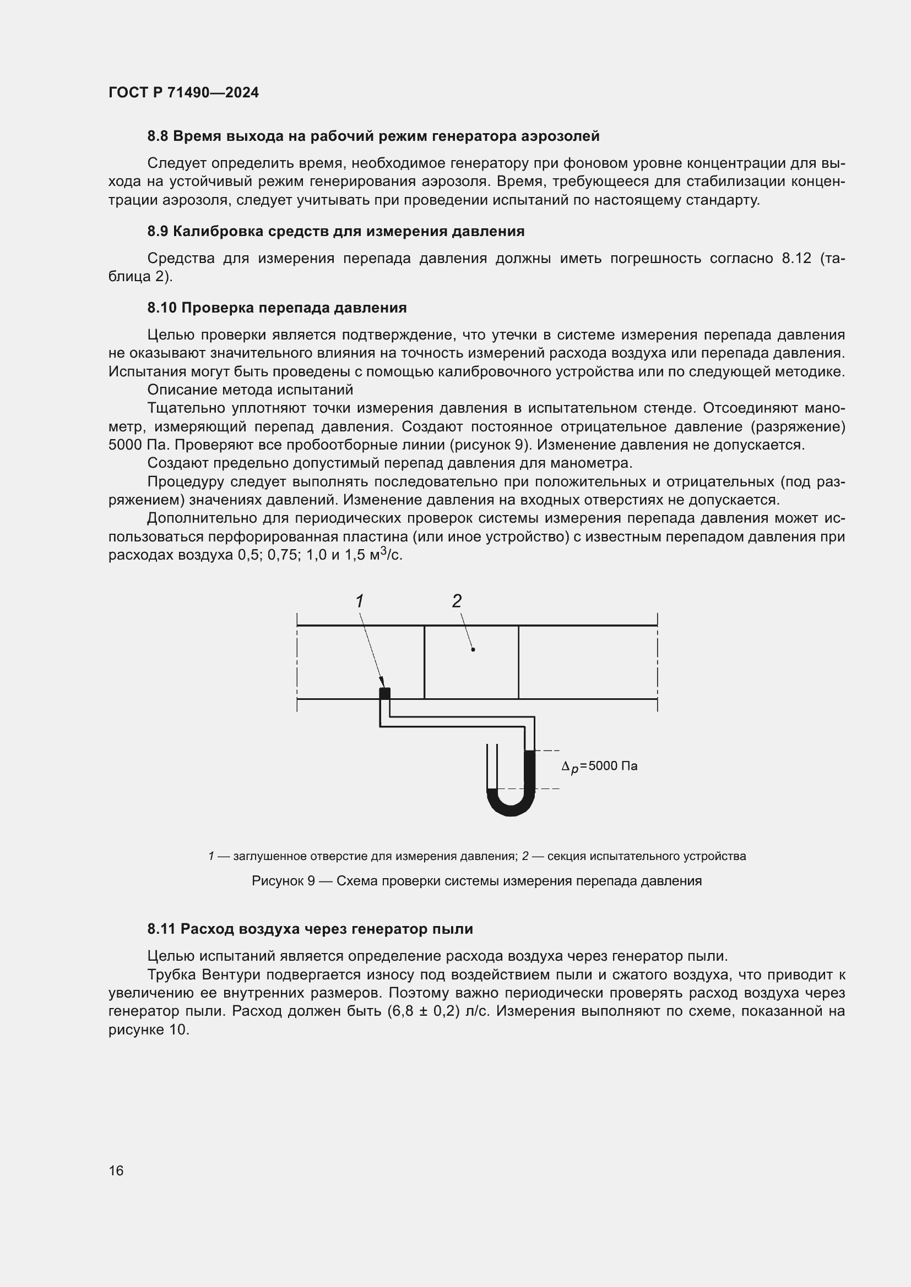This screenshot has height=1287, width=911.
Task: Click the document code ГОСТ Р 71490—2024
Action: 183,92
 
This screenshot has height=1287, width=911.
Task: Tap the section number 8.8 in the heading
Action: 158,136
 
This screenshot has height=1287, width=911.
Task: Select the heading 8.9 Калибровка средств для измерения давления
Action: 335,232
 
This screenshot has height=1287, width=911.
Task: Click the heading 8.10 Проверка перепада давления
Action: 276,308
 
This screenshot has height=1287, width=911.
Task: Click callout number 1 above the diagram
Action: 360,601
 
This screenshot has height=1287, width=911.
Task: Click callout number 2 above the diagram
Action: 457,601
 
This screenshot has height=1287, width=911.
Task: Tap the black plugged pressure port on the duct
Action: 384,693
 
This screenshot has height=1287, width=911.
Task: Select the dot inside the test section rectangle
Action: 473,650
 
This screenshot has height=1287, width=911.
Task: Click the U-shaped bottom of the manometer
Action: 510,808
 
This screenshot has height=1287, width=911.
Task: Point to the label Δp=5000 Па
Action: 599,766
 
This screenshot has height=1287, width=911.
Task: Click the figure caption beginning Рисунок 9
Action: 476,881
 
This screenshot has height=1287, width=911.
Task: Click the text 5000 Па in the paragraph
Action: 132,445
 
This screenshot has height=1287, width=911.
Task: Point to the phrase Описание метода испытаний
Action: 250,390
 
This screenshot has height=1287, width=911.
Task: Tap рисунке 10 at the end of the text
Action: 149,1029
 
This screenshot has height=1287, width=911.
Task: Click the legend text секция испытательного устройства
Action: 646,857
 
